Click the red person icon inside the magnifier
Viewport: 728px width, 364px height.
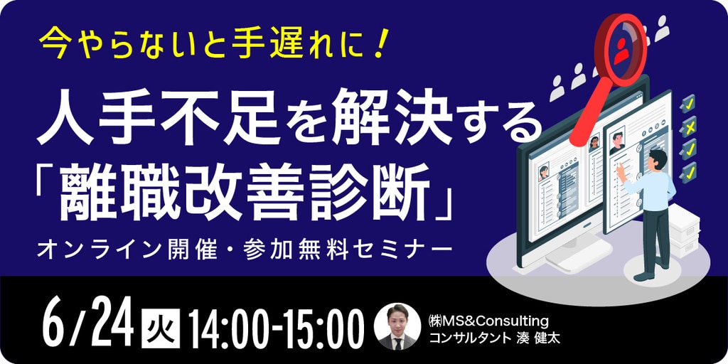pyautogui.click(x=621, y=49)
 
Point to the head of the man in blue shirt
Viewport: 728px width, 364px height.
pyautogui.click(x=659, y=159)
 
